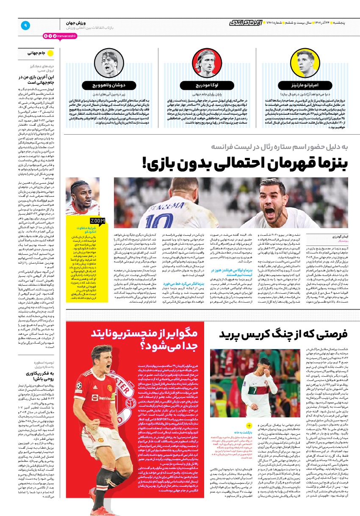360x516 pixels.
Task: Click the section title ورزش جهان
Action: pos(76,22)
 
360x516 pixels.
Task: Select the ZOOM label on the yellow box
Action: pos(97,221)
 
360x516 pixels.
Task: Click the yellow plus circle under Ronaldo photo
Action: pos(249,425)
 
